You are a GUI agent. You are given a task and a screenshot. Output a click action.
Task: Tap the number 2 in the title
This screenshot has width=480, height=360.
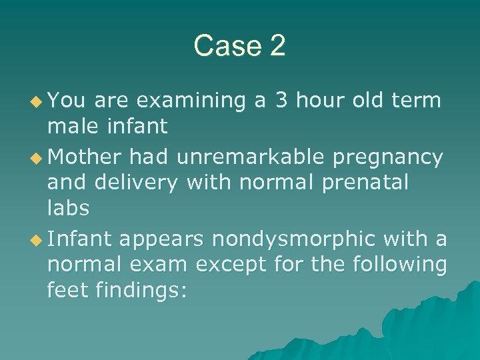[x=277, y=46]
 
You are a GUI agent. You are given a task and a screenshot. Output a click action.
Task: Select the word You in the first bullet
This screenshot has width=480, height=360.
[x=67, y=101]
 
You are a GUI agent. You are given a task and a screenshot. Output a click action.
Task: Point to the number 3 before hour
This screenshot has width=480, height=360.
[x=281, y=101]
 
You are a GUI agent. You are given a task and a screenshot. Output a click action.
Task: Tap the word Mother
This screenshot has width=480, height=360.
[x=85, y=157]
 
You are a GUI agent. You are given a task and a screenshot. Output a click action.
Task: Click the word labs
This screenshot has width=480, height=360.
[x=68, y=207]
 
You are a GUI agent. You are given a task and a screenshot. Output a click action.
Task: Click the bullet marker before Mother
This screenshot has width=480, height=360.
[x=38, y=158]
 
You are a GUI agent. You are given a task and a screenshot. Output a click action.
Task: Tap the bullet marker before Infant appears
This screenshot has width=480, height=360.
[x=38, y=239]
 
